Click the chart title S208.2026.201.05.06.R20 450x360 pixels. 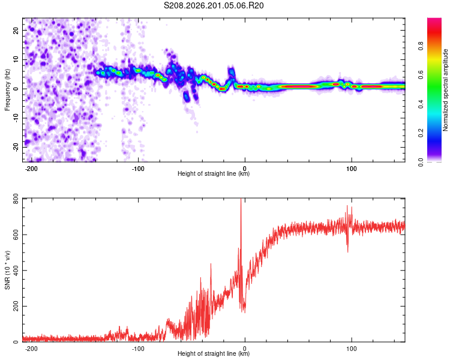(214, 5)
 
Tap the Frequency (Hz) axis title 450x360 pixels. (7, 90)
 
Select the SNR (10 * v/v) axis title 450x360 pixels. (7, 270)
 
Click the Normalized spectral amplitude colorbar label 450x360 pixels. (445, 90)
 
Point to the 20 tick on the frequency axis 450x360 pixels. (16, 30)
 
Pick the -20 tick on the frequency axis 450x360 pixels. (16, 147)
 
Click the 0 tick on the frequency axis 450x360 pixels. (16, 89)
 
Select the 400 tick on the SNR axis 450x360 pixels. (16, 271)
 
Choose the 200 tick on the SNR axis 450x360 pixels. (16, 307)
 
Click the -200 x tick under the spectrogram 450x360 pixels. (31, 169)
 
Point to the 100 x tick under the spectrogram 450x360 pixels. (351, 169)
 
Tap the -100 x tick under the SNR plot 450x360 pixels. (138, 349)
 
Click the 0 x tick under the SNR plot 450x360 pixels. (245, 349)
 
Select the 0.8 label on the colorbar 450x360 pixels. (421, 46)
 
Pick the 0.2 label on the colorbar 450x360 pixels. (421, 133)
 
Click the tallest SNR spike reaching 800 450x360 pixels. (241, 201)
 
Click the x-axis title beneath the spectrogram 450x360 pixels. (214, 173)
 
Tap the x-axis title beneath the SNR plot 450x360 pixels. (214, 353)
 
